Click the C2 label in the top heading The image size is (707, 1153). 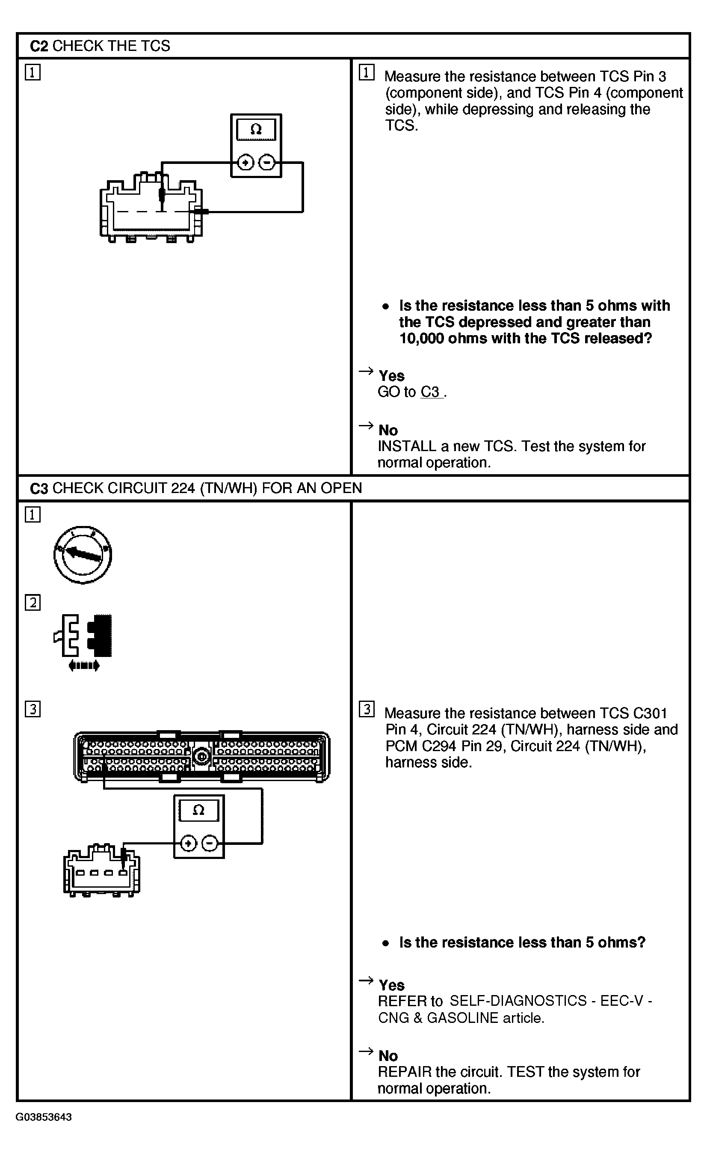coord(39,46)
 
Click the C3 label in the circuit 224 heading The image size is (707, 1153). coord(39,488)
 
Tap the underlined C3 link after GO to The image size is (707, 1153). coord(431,392)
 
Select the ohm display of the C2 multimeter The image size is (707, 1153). coord(256,130)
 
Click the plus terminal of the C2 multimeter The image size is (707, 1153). coord(245,163)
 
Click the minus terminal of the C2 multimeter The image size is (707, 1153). coord(267,163)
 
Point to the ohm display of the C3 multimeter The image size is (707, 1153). coord(199,811)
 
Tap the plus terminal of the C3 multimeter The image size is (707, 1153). coord(188,844)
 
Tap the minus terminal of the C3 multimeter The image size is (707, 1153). coord(210,844)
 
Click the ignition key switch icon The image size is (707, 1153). coord(83,555)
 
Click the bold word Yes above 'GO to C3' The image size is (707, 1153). coord(391,376)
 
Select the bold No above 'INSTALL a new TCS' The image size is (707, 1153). coord(388,430)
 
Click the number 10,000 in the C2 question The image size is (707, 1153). coord(421,338)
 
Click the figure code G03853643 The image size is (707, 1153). coord(44,1117)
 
